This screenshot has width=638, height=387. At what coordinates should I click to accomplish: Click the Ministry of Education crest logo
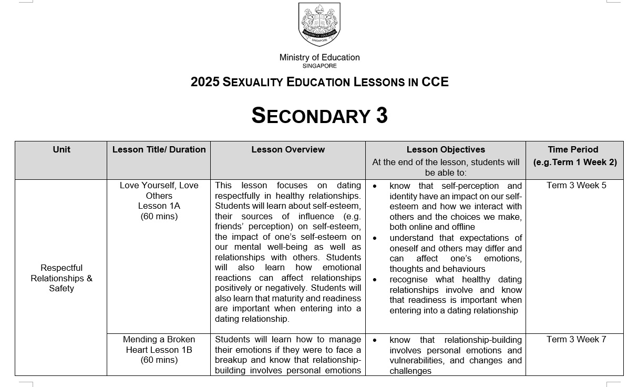[x=319, y=24]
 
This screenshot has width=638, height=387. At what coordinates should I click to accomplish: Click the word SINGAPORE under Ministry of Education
[x=320, y=66]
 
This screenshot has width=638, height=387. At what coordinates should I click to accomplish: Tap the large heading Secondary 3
[x=320, y=116]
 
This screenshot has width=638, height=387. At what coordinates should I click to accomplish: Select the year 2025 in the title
[x=204, y=82]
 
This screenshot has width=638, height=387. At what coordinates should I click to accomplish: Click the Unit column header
[x=61, y=150]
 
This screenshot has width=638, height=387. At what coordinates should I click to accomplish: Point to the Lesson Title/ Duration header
[x=159, y=150]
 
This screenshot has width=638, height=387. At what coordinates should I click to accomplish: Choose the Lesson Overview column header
[x=288, y=150]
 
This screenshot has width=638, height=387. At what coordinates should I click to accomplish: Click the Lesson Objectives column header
[x=446, y=150]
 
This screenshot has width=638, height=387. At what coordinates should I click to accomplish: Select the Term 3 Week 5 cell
[x=576, y=186]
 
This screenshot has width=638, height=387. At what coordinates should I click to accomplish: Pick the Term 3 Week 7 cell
[x=576, y=340]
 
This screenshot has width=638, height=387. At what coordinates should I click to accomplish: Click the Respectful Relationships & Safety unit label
[x=61, y=278]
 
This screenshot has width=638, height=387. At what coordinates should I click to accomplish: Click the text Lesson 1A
[x=159, y=206]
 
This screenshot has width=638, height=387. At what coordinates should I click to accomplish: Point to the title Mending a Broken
[x=159, y=340]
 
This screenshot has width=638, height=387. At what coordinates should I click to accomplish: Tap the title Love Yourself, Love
[x=159, y=186]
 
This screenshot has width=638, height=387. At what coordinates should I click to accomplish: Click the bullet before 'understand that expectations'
[x=375, y=238]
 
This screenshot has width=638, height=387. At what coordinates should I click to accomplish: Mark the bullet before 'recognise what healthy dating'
[x=375, y=280]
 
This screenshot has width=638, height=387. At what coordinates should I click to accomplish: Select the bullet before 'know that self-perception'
[x=375, y=186]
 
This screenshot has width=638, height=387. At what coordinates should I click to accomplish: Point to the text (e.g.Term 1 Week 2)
[x=575, y=162]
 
